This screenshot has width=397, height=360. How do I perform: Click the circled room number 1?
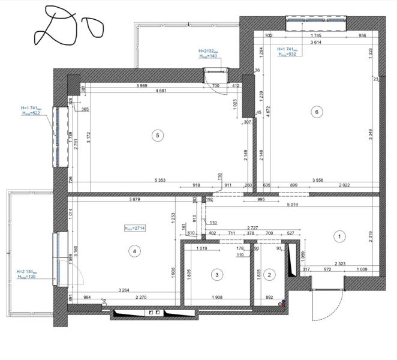click(339, 236)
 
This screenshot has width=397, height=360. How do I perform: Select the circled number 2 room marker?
click(269, 275)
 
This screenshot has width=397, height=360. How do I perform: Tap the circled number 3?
click(217, 275)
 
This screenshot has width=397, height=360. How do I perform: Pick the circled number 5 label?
click(157, 136)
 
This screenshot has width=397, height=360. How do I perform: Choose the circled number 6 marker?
click(316, 112)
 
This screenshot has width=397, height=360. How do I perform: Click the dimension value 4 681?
click(160, 91)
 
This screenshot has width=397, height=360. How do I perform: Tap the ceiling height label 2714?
click(134, 228)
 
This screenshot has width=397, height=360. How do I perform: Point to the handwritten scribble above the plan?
click(67, 27)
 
